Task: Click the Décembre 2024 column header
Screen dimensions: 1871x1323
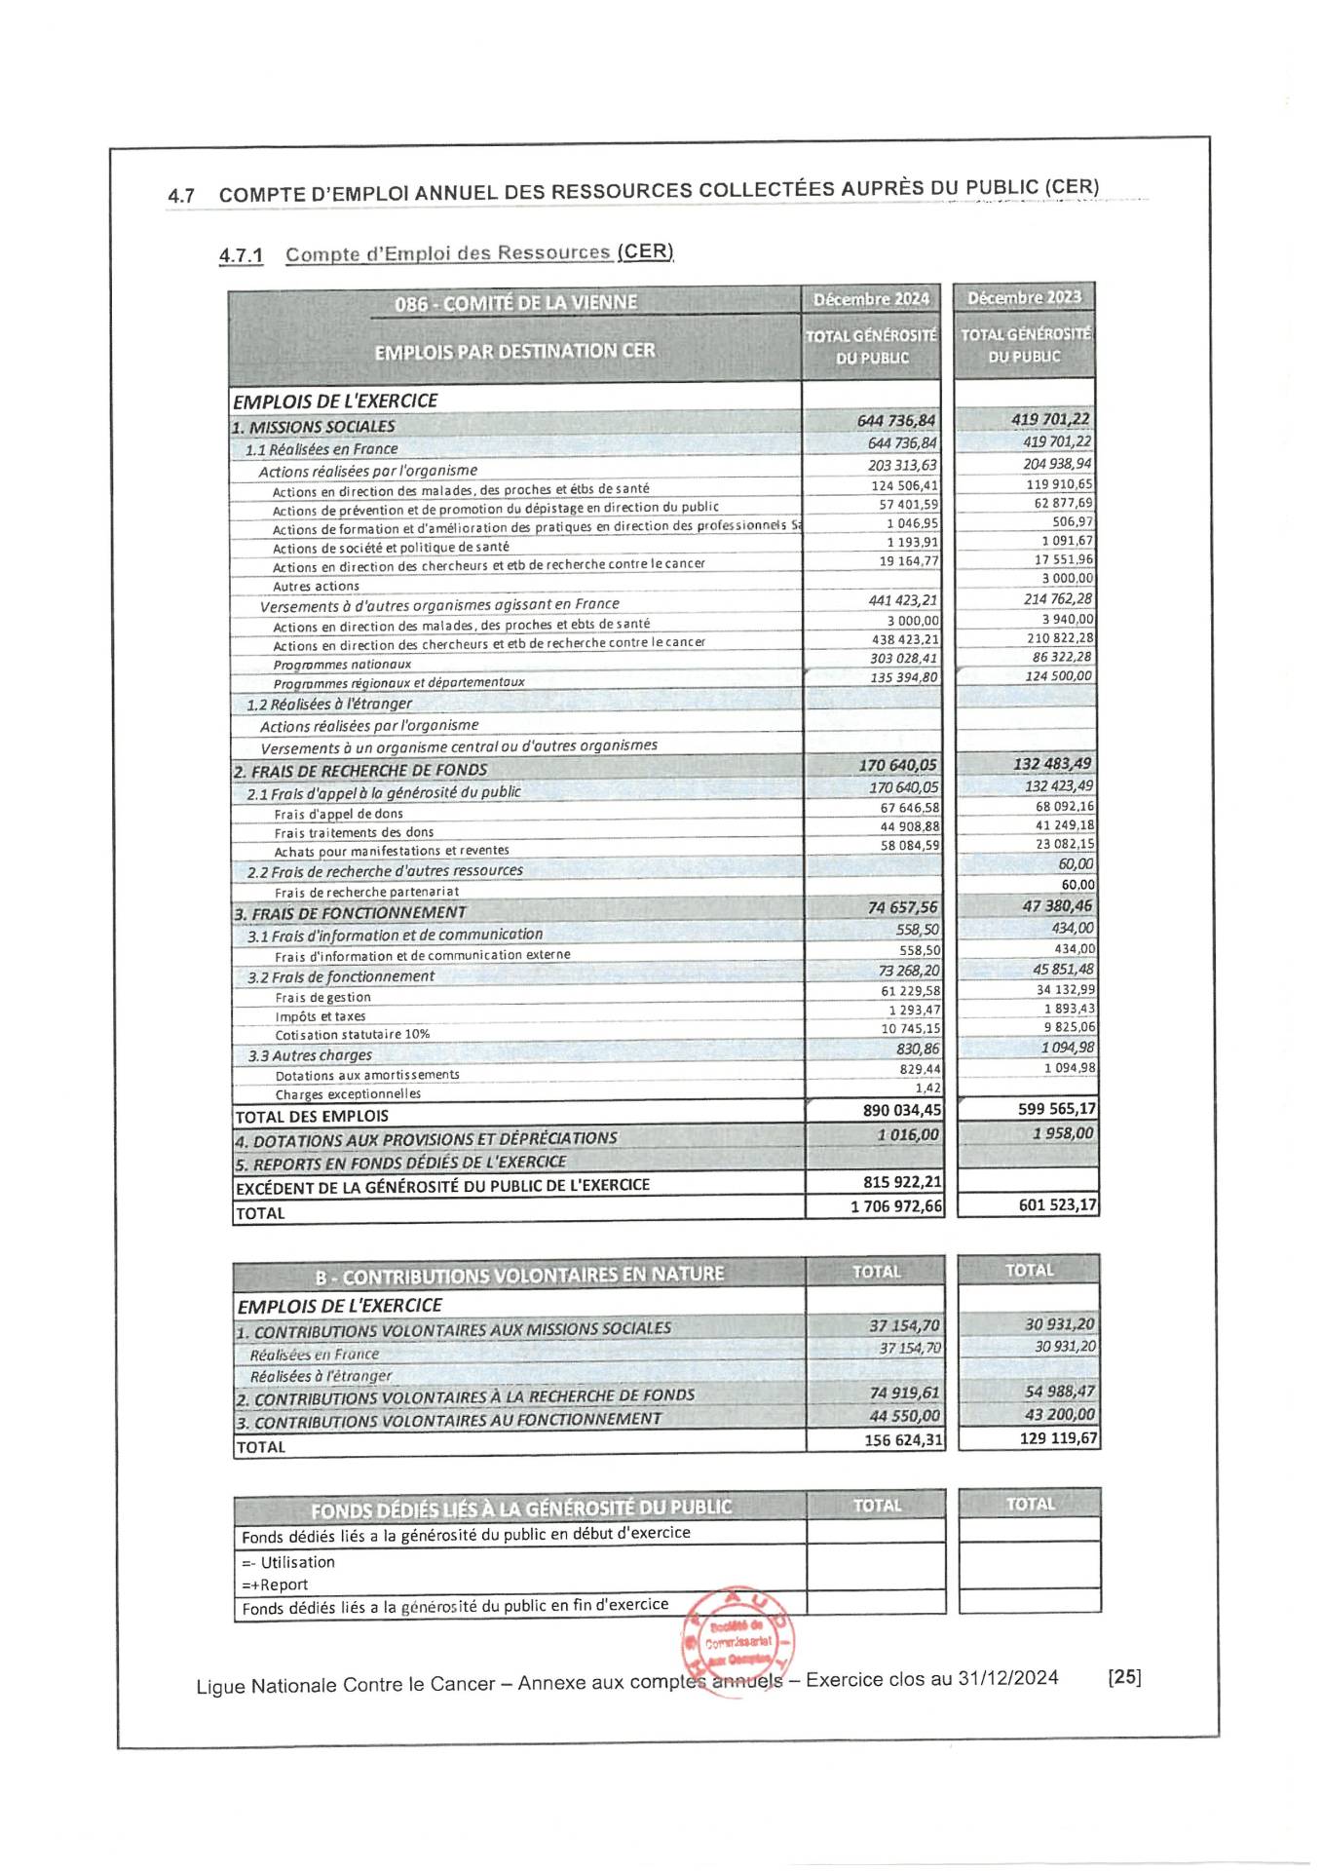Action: point(871,299)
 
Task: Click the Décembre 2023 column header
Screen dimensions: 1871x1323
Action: point(1024,297)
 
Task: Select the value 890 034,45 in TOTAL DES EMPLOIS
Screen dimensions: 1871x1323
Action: point(902,1110)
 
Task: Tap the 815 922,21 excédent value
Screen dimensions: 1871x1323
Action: point(902,1182)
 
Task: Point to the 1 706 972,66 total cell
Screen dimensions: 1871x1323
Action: point(896,1206)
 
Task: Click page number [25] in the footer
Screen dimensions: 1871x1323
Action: point(1124,1677)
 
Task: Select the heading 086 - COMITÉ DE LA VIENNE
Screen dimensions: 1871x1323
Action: point(515,303)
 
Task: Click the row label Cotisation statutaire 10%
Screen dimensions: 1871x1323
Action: point(353,1035)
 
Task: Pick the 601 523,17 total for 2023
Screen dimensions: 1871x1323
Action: point(1057,1205)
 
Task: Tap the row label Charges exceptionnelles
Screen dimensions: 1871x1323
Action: point(348,1094)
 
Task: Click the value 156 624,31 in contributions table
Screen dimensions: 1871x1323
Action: point(903,1440)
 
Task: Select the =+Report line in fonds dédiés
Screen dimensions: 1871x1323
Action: point(275,1585)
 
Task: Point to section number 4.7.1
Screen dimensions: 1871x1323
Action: point(241,256)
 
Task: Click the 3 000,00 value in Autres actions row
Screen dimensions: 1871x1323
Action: point(1067,579)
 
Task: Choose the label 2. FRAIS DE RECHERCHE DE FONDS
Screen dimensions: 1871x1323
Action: point(360,771)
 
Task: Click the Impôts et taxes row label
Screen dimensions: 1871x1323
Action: point(321,1016)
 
